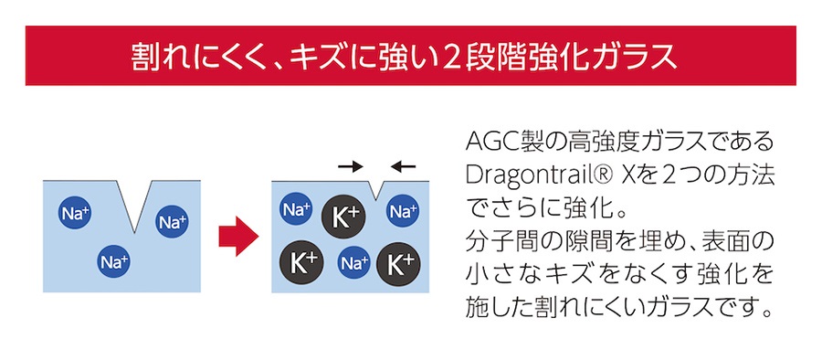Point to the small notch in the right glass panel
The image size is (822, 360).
pos(371,188)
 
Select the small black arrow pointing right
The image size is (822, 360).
pos(349,166)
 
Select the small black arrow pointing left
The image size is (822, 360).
pos(402,166)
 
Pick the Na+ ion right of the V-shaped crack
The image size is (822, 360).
pos(172,221)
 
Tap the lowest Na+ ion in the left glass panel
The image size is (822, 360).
pos(113,263)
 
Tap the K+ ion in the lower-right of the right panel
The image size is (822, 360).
pos(398,263)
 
